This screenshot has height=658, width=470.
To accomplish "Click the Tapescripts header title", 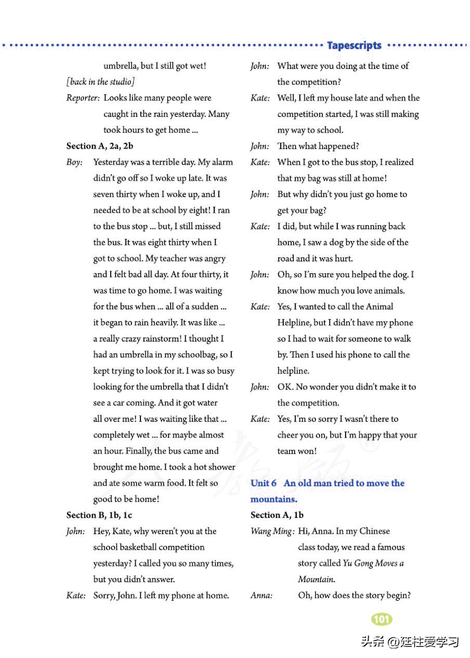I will [x=354, y=46].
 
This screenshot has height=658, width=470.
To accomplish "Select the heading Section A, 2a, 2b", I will [x=100, y=146].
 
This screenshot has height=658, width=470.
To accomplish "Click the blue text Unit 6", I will [x=263, y=483].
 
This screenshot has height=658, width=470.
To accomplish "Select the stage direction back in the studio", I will [x=100, y=82].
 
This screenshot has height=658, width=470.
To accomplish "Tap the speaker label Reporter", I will [x=83, y=98].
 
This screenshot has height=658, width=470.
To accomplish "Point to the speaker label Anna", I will [x=261, y=595].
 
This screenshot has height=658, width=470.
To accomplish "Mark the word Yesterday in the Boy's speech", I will [x=111, y=162].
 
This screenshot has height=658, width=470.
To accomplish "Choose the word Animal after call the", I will [x=379, y=307].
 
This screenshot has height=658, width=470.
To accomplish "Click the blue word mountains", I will [x=274, y=499].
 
